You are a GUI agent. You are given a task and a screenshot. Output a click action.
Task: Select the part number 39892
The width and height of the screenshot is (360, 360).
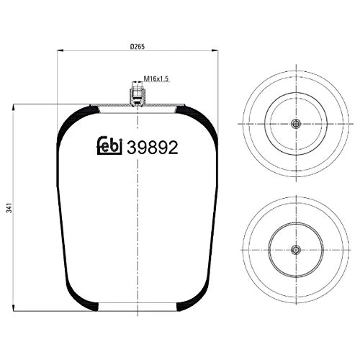(x=152, y=147)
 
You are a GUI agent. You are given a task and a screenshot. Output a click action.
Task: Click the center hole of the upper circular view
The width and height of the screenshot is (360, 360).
(x=294, y=123)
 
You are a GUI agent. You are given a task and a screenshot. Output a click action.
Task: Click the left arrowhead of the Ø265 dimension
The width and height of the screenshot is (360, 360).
(x=58, y=51)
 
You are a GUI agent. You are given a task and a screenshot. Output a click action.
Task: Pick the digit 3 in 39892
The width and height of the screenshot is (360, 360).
(x=132, y=147)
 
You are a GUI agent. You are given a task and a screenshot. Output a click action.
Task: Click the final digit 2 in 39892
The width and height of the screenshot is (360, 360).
(x=173, y=147)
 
